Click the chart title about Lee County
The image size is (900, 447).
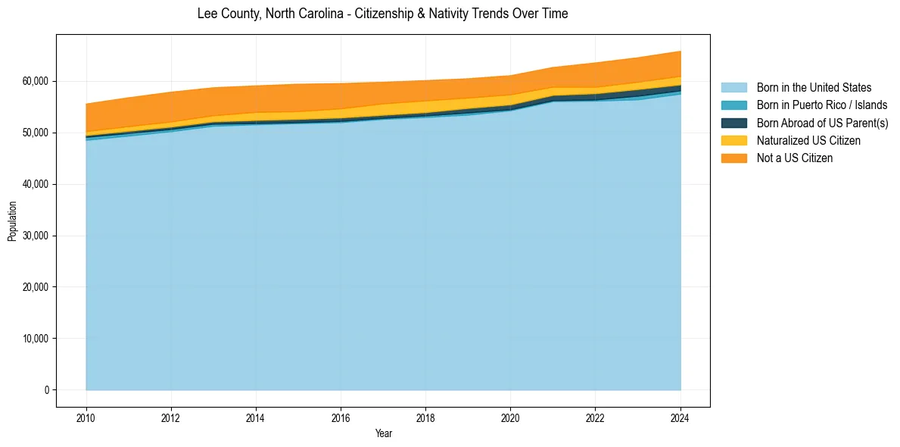(x=382, y=14)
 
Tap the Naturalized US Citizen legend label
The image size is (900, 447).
(x=808, y=141)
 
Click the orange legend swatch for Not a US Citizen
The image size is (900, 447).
(x=733, y=158)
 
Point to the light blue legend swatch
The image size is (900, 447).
(x=733, y=88)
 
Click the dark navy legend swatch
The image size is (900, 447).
(x=733, y=123)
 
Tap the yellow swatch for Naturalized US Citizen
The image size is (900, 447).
(x=733, y=141)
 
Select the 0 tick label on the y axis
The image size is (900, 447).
(x=46, y=390)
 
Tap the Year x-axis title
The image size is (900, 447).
(x=384, y=433)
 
